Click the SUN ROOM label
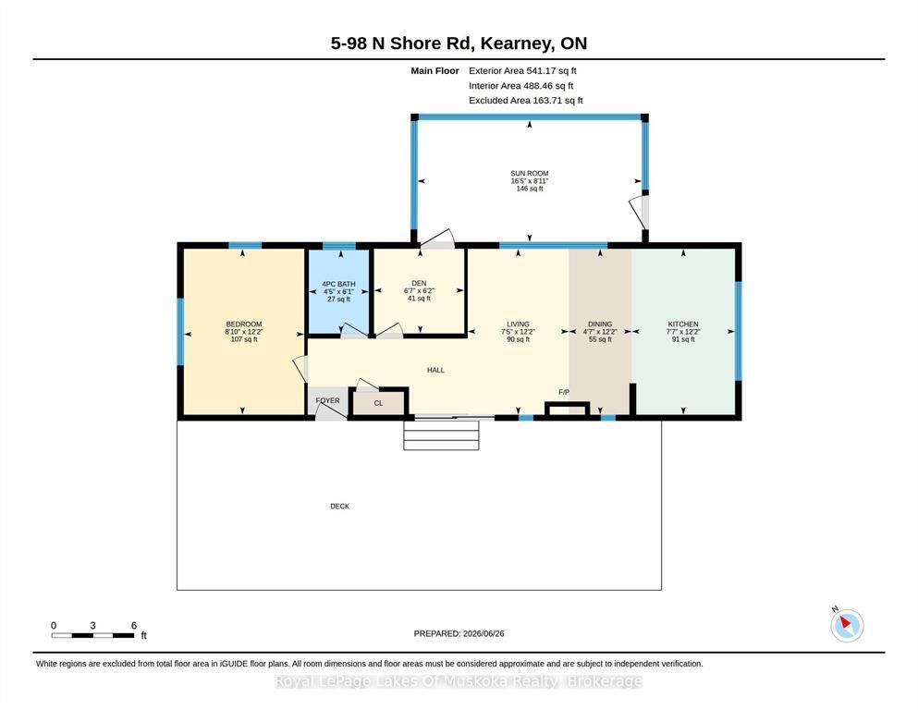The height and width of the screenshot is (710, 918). point(529,173)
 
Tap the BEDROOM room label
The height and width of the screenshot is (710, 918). point(243,324)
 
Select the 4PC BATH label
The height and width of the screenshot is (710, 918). point(338,284)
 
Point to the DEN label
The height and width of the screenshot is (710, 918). point(419,283)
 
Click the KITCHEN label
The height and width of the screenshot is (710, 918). point(683,324)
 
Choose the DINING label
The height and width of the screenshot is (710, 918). point(599,324)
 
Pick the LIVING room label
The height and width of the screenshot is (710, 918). point(518,324)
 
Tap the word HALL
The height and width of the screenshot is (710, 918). point(435,370)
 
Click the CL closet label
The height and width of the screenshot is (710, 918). point(378,403)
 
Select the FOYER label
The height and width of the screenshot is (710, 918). point(327,401)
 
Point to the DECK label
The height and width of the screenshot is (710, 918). point(339,507)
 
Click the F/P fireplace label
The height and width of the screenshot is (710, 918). point(564,392)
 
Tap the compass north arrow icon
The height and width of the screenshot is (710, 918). point(847,625)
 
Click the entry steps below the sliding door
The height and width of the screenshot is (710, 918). point(442,435)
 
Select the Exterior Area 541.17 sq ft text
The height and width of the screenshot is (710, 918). point(523,71)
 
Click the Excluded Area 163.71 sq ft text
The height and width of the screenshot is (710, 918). point(526,100)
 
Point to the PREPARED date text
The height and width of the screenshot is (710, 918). point(459,633)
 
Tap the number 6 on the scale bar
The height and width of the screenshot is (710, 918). point(133,625)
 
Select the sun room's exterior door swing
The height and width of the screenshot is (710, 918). point(639,212)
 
